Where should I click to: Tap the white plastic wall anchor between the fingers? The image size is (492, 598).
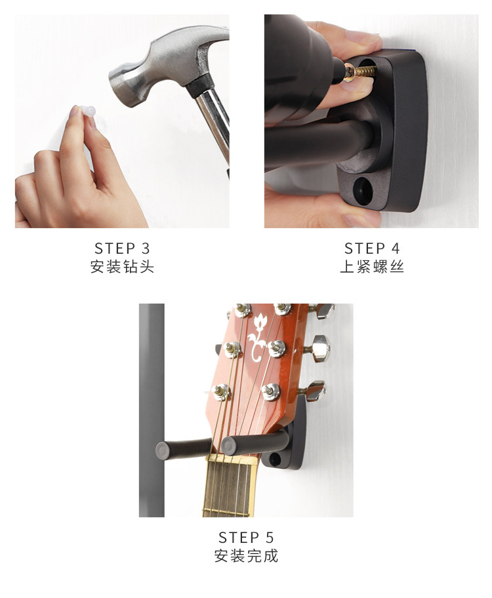click(x=87, y=111)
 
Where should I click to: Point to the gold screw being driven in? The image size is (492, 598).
click(x=360, y=71)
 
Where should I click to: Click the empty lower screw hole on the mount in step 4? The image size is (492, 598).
click(x=363, y=189)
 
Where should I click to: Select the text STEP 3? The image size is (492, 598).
click(x=122, y=249)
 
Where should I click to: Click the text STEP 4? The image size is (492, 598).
click(x=372, y=249)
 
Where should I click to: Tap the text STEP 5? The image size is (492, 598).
click(x=246, y=538)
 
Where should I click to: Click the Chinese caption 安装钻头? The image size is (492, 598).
click(x=122, y=267)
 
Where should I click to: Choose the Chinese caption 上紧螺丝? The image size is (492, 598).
click(x=372, y=267)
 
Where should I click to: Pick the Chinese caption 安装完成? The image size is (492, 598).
click(x=246, y=555)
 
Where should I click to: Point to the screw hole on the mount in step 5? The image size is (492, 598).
click(x=276, y=459)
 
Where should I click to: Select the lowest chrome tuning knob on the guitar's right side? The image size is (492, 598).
click(x=316, y=391)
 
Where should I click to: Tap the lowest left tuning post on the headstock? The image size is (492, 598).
click(x=221, y=391)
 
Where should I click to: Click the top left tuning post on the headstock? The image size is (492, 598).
click(x=242, y=309)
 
